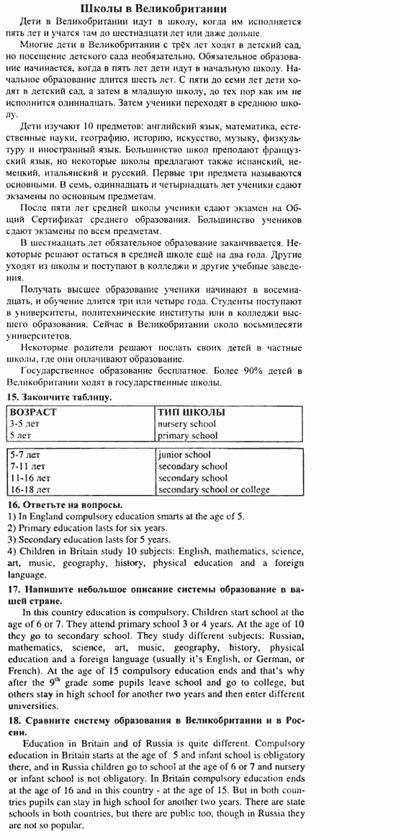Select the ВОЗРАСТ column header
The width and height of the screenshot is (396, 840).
pos(33,412)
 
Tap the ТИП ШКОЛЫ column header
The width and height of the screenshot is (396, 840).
pos(191,412)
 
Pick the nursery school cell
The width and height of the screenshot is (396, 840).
pos(186,424)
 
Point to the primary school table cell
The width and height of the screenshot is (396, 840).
pos(187,435)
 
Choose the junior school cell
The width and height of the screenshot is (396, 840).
pos(184,455)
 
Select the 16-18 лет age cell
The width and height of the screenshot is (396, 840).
pos(30,489)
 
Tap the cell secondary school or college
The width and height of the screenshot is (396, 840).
pos(214,489)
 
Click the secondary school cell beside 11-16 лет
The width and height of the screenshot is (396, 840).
pos(192,478)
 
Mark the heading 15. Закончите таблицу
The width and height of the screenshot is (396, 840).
pos(59,397)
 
